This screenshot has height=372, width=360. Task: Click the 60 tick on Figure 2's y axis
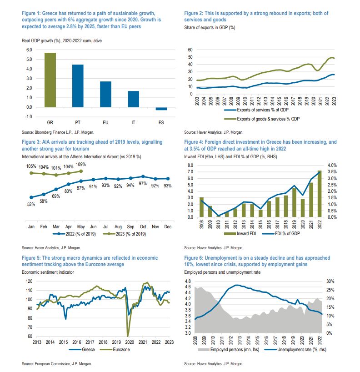190,50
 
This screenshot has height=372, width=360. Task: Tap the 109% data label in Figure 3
81,164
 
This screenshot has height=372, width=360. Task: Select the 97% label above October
143,183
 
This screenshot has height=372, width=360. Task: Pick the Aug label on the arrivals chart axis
118,226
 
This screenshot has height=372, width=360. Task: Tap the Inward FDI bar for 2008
201,207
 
